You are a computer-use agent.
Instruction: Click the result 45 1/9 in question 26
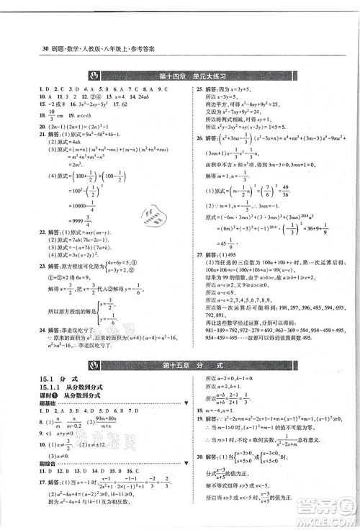[x=233, y=241]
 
